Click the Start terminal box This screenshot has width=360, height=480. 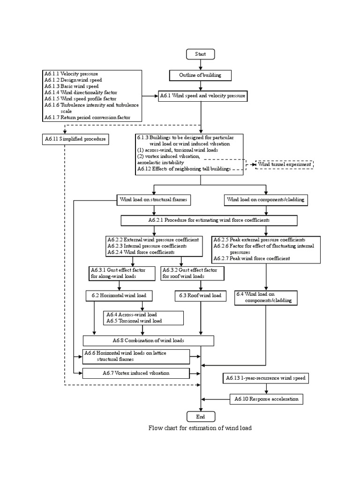201,54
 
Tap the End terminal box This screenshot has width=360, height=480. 201,416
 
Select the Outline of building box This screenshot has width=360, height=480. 201,75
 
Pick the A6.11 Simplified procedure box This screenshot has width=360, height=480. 75,139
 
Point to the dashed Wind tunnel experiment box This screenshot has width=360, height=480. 284,165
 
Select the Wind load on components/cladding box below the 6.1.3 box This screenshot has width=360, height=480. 266,200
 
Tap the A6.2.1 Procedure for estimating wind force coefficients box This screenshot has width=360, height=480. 209,220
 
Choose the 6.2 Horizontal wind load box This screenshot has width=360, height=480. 116,296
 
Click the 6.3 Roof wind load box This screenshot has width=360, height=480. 200,296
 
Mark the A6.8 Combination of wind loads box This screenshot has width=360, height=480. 148,340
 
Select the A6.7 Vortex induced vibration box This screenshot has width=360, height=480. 136,373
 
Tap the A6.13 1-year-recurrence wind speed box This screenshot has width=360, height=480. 266,378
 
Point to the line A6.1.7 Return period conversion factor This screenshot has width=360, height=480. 87,118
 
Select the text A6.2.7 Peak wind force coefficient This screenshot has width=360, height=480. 252,258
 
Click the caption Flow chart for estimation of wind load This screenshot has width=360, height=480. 200,428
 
